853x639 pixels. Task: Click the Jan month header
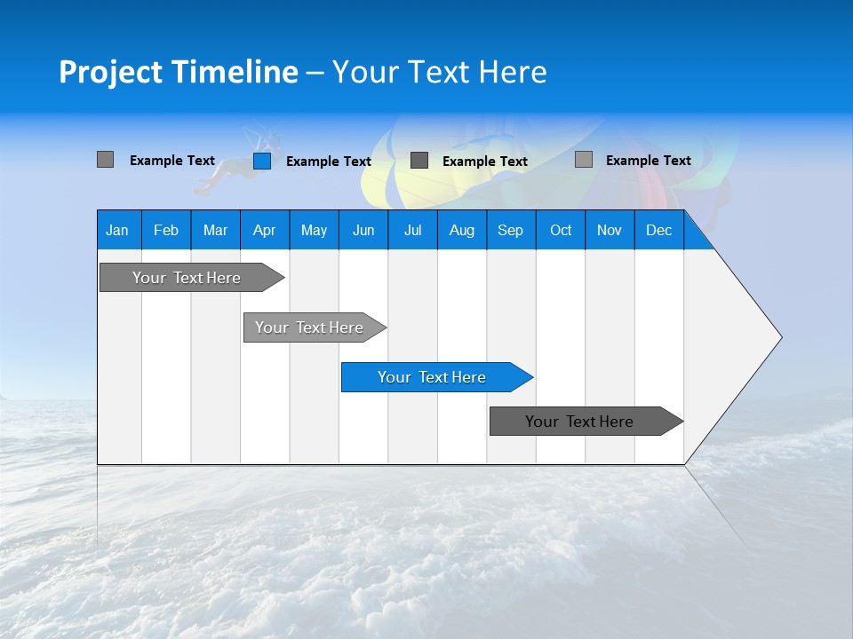click(118, 230)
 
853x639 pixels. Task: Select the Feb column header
click(166, 230)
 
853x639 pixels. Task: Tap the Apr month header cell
click(265, 230)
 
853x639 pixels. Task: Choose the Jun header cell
click(363, 230)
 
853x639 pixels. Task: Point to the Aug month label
click(462, 230)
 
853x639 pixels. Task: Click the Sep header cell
click(511, 230)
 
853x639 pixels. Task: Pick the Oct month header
click(561, 230)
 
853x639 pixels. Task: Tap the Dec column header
click(659, 230)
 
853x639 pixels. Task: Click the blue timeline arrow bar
click(435, 377)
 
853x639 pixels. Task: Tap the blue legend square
click(262, 161)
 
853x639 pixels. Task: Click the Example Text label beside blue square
click(329, 162)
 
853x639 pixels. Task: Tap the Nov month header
click(610, 230)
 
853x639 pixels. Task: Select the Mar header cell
click(215, 230)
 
